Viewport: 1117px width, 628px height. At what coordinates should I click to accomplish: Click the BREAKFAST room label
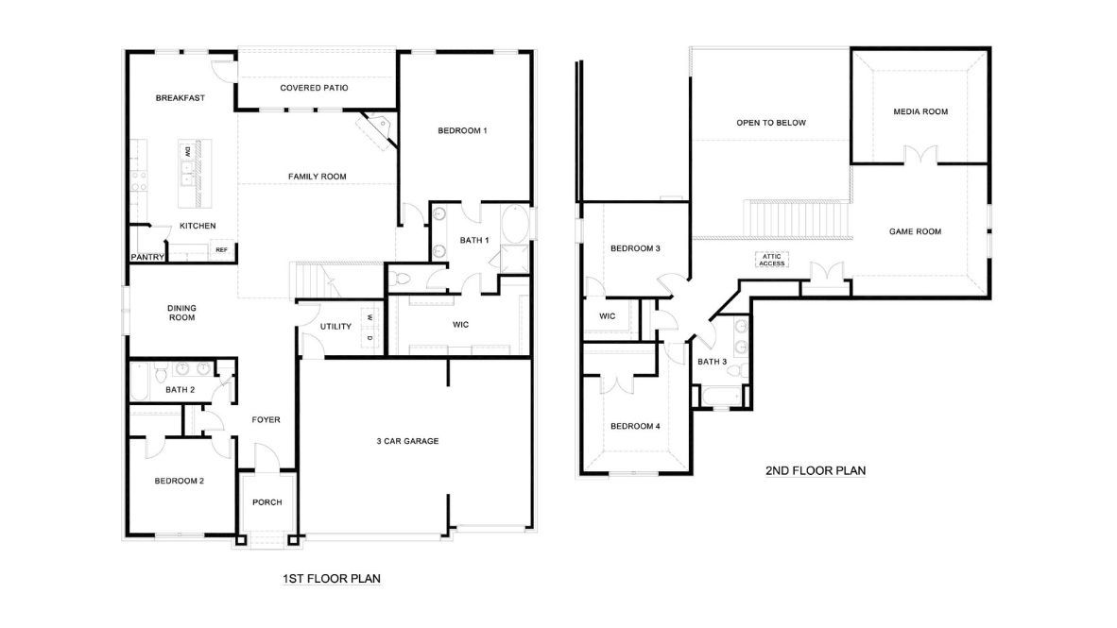coord(180,98)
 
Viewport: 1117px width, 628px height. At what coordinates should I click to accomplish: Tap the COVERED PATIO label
coord(315,88)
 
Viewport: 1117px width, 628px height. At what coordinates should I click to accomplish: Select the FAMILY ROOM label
coord(318,177)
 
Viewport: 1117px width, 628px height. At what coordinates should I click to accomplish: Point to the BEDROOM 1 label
coord(462,130)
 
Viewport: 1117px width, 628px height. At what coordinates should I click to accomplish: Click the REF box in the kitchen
coord(221,250)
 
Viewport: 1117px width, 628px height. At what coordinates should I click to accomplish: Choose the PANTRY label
coord(148,257)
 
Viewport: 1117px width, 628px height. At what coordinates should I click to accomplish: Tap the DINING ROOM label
coord(181,313)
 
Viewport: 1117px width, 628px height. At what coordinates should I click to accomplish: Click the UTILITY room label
coord(335,327)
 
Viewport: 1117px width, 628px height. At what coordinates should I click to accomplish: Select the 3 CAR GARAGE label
coord(407,441)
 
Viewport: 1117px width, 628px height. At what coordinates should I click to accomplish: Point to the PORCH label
coord(267,502)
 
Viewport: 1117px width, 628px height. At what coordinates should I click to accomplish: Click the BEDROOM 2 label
coord(180,481)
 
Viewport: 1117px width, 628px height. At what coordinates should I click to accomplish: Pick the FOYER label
coord(266,420)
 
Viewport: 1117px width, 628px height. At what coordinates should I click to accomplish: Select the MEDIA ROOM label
coord(920,111)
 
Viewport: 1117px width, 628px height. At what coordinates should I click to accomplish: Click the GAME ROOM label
coord(915,231)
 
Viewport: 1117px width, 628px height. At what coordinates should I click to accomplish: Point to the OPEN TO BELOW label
coord(771,123)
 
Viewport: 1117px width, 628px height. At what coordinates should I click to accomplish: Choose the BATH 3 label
coord(713,362)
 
